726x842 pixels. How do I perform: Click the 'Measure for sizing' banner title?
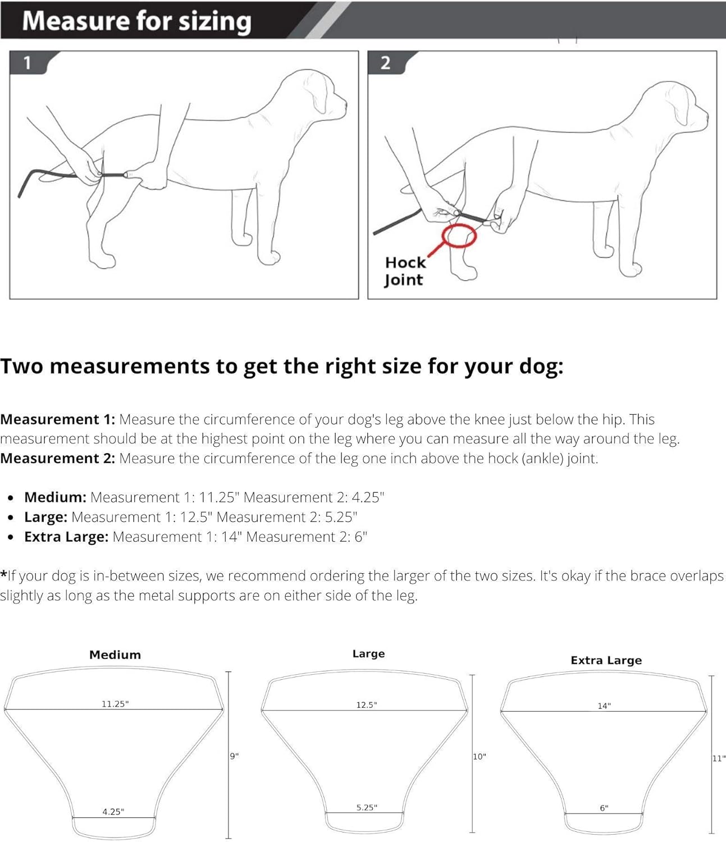click(x=136, y=21)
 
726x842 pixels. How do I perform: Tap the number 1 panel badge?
click(x=27, y=63)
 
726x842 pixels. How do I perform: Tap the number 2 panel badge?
click(x=385, y=63)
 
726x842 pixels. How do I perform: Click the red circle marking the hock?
click(x=459, y=235)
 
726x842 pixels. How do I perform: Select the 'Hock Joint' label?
click(x=404, y=271)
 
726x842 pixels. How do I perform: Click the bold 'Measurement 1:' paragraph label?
click(x=57, y=419)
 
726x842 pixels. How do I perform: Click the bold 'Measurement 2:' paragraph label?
click(x=57, y=458)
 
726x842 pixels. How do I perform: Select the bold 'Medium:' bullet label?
click(x=55, y=497)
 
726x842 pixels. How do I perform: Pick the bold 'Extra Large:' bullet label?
click(x=66, y=537)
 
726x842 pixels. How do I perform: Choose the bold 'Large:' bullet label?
click(x=45, y=517)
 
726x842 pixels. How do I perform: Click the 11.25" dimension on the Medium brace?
click(x=115, y=704)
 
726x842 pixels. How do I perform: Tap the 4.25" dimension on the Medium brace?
click(x=113, y=812)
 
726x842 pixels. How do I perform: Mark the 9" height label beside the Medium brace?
click(x=234, y=756)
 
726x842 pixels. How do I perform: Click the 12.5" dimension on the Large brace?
click(x=366, y=705)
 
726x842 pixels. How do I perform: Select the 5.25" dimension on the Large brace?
click(x=367, y=808)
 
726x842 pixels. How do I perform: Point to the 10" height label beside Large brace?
click(x=479, y=757)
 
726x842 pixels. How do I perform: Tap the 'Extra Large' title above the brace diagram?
click(x=606, y=661)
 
